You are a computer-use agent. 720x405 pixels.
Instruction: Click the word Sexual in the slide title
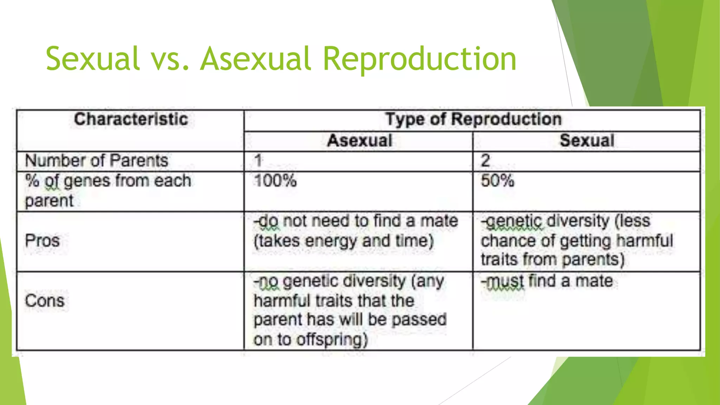point(92,58)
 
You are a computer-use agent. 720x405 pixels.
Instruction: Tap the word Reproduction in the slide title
point(419,59)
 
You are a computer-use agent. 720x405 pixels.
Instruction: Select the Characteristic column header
point(131,119)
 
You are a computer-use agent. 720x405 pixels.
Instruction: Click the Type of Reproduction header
point(473,119)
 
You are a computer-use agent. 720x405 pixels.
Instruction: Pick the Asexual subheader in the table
point(359,141)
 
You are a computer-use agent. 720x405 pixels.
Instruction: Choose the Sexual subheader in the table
point(587,141)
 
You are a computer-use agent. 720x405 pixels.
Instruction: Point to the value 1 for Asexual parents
point(258,161)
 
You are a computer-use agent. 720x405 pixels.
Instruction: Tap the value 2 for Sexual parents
point(486,161)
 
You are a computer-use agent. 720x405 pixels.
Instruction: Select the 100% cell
point(275,181)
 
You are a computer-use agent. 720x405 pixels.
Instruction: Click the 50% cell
point(497,181)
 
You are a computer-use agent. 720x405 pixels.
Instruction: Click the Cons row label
point(45,301)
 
